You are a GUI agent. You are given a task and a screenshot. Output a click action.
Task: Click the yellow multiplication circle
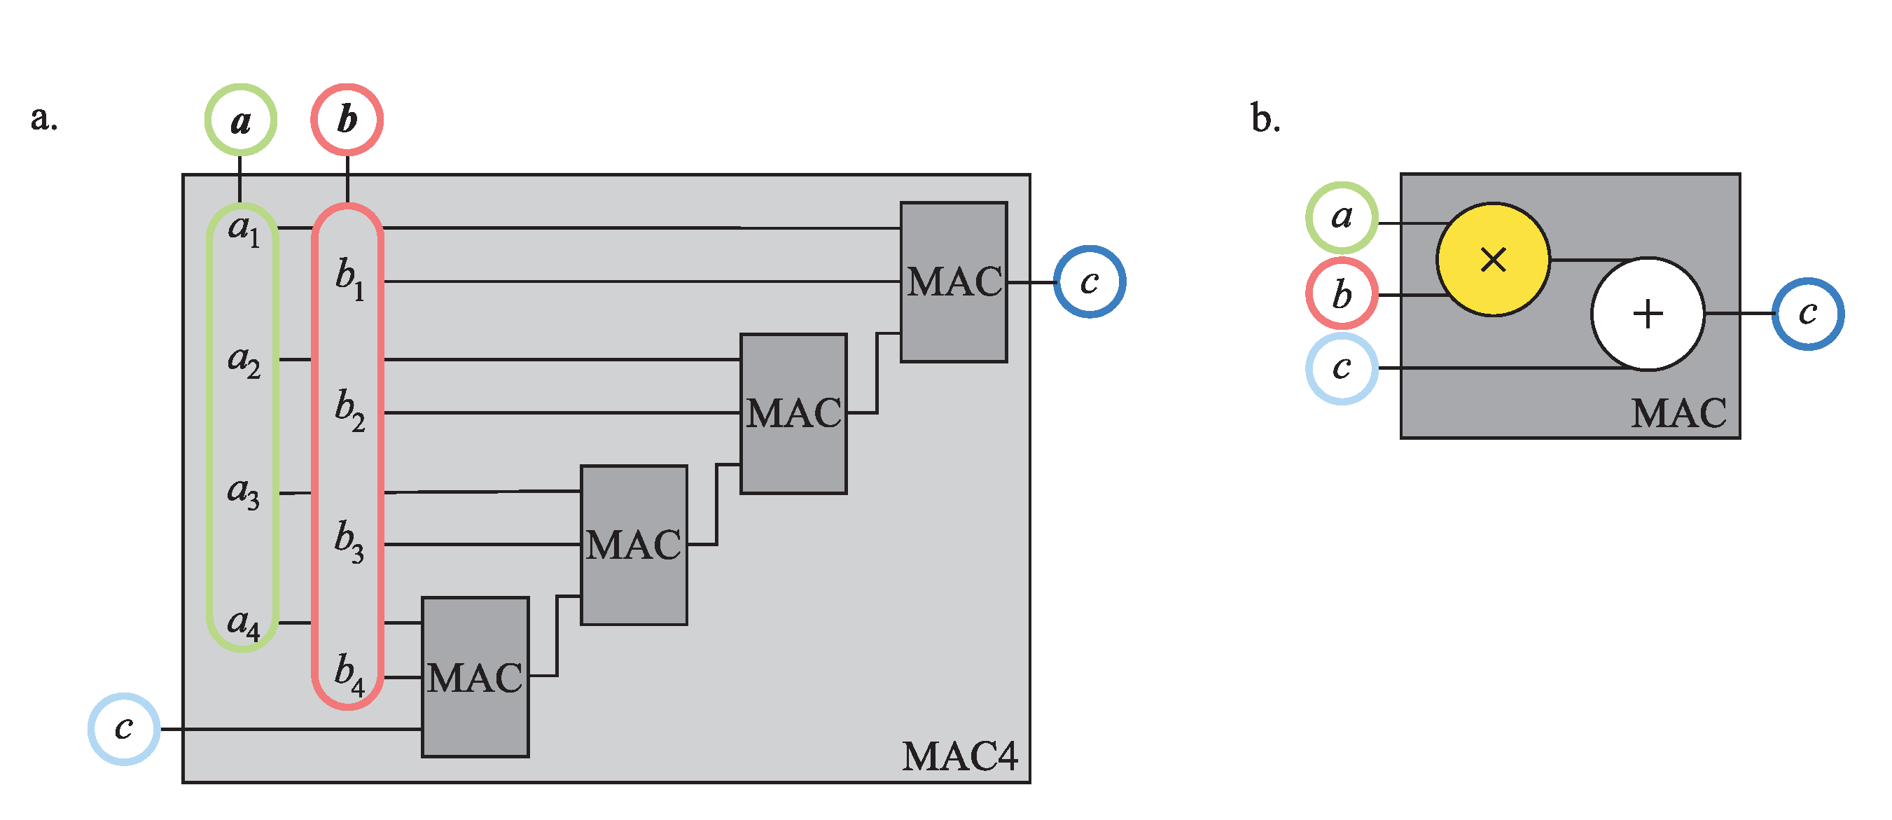[1492, 259]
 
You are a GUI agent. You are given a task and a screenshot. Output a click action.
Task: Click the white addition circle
[1647, 314]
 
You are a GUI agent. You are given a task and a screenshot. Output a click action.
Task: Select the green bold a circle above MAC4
[240, 120]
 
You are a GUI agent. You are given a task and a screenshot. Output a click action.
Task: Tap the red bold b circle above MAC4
[347, 120]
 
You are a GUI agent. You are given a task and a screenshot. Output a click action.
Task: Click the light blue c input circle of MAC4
[123, 728]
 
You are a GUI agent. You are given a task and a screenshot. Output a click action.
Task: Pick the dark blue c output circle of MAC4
[1090, 282]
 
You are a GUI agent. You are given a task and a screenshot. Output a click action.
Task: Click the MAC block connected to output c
[953, 282]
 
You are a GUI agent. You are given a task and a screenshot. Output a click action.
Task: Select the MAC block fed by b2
[793, 413]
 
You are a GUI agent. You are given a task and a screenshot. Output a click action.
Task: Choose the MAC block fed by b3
[633, 545]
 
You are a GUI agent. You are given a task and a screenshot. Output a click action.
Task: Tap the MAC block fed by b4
[475, 676]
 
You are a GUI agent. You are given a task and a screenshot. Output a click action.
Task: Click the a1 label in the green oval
[243, 229]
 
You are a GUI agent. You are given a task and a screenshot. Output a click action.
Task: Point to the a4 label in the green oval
[243, 624]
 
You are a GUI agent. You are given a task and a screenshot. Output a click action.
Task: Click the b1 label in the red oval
[349, 279]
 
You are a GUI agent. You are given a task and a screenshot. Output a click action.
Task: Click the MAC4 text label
[959, 756]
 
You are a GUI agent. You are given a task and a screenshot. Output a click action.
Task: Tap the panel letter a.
[43, 118]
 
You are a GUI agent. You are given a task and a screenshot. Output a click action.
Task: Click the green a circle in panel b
[1341, 218]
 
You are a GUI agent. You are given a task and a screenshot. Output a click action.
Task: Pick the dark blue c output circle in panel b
[1807, 314]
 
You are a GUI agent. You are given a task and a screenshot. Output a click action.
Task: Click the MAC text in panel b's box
[1678, 413]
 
